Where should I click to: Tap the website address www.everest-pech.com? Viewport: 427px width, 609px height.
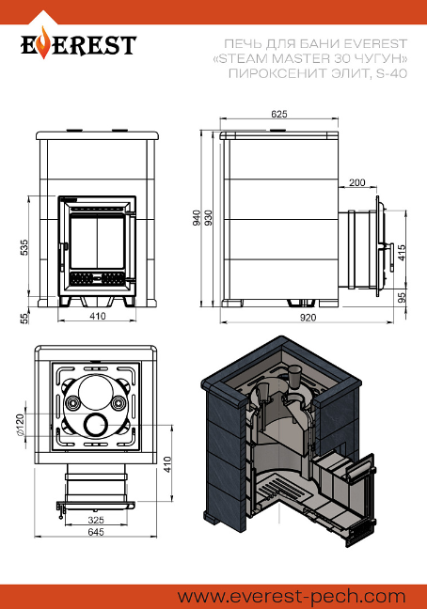coord(292,596)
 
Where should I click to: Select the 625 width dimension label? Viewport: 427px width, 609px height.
coord(279,114)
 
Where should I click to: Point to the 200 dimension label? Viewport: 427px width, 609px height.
coord(357,182)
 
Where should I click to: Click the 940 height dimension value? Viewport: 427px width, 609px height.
coord(197,218)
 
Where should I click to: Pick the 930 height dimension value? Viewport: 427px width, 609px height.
coord(208,218)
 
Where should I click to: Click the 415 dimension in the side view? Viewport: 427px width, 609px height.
coord(402,253)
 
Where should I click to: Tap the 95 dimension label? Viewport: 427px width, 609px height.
coord(403,298)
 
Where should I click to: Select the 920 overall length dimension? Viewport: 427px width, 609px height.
coord(308,318)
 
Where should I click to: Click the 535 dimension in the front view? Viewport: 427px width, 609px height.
coord(24,248)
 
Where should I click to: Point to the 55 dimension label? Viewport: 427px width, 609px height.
coord(24,319)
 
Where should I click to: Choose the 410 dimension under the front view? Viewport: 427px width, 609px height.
coord(98,316)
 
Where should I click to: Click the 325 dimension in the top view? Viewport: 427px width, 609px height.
coord(96,520)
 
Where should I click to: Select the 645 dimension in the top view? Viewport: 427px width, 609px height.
coord(96,531)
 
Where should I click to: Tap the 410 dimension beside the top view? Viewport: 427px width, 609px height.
coord(167,465)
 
